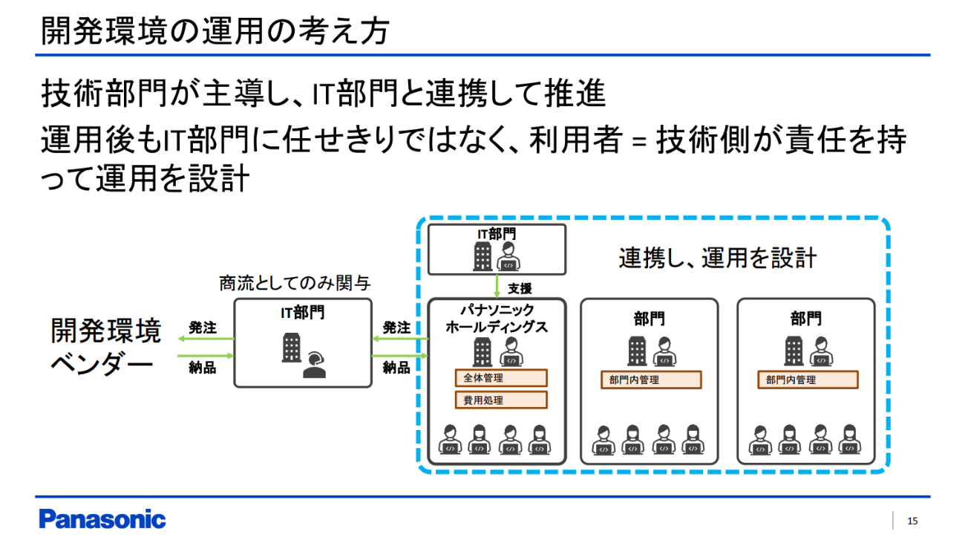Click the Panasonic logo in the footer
tap(102, 519)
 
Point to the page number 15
tap(912, 521)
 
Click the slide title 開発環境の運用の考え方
tap(215, 32)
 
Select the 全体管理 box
tap(500, 378)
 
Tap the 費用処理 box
tap(500, 400)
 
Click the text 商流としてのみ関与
tap(295, 283)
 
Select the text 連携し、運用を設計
tap(718, 258)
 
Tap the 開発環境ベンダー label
tap(105, 347)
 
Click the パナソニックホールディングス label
tap(497, 319)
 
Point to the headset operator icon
tap(315, 363)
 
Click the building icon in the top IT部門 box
tap(482, 257)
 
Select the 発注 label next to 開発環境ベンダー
tap(202, 327)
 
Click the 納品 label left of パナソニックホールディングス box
tap(396, 367)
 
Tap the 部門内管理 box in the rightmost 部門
tap(807, 380)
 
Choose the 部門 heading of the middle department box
tap(650, 319)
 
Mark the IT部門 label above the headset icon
tap(302, 313)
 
